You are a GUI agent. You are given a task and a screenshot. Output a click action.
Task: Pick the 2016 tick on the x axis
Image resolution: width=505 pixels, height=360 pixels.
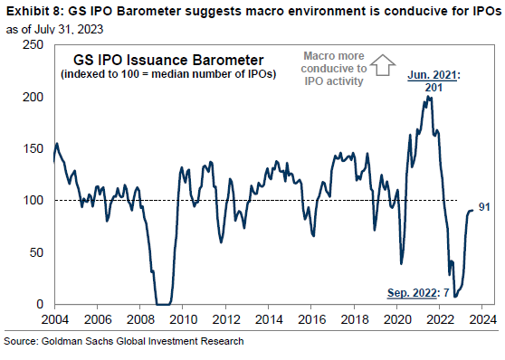[x=312, y=318]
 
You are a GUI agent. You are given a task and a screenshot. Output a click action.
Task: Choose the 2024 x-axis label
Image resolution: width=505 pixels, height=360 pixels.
[x=483, y=318]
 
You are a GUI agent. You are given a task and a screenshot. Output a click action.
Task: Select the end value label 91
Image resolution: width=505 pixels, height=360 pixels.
[x=484, y=208]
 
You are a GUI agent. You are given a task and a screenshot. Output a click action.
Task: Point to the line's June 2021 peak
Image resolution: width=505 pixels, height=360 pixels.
[x=430, y=97]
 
